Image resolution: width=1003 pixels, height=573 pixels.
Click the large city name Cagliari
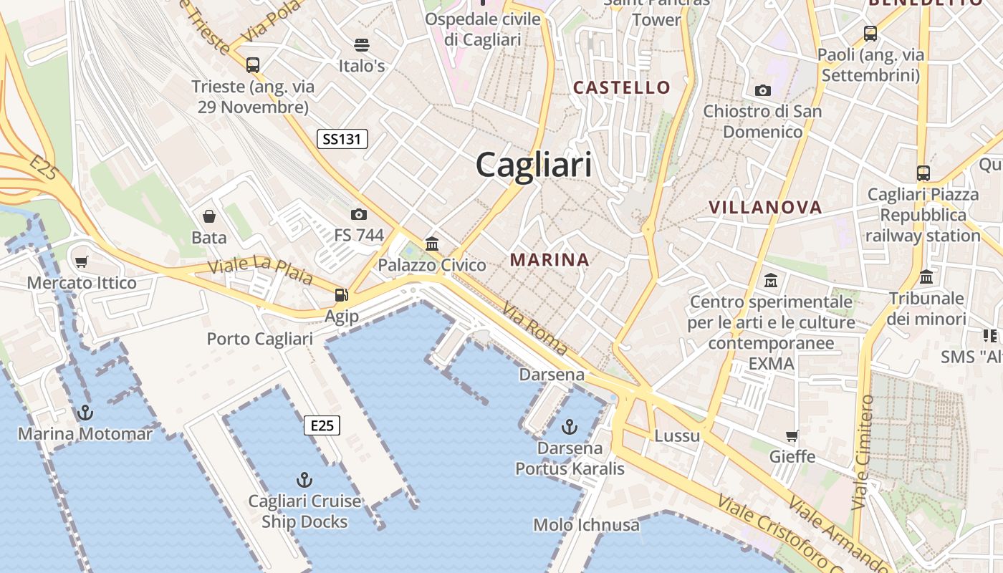point(534,165)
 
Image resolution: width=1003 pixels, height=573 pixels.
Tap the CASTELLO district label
point(622,88)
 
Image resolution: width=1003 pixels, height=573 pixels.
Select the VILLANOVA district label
point(765,208)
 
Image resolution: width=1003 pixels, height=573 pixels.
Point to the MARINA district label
point(550,260)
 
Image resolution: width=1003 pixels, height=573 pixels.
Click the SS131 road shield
point(342,139)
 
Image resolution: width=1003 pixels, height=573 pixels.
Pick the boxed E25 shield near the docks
point(322,425)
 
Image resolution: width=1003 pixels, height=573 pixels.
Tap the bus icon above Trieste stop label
point(253,65)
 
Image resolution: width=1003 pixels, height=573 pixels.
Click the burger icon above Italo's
point(362,45)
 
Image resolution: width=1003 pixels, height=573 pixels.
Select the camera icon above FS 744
point(359,214)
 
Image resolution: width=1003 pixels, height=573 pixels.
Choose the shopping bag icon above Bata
point(209,216)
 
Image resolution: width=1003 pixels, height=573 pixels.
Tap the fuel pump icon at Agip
point(342,295)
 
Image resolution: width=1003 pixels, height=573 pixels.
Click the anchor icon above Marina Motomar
point(85,413)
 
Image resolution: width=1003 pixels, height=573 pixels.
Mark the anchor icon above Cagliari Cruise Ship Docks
point(305,479)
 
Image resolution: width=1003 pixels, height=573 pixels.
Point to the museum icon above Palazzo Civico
point(432,244)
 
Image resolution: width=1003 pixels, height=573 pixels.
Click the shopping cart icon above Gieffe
point(792,435)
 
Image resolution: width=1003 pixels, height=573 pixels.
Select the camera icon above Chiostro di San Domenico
point(763,90)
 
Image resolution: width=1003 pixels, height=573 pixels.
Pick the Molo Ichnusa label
point(586,525)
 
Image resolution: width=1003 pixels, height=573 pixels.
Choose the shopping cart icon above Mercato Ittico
point(82,262)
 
